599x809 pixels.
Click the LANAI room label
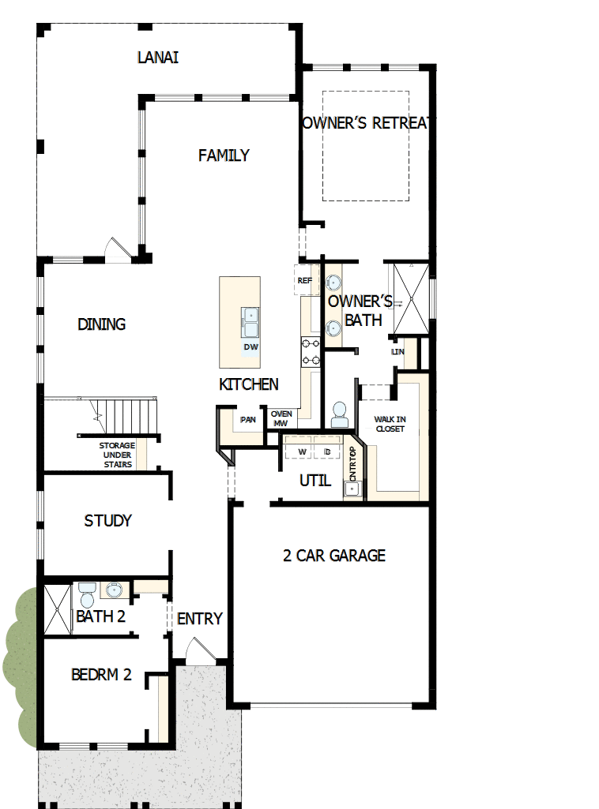pyautogui.click(x=158, y=58)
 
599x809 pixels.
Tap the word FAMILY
pyautogui.click(x=224, y=155)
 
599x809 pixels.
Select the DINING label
pyautogui.click(x=101, y=324)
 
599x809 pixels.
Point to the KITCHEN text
pyautogui.click(x=248, y=384)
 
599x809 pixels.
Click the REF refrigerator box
pyautogui.click(x=305, y=280)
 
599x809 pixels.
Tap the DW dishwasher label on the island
pyautogui.click(x=251, y=347)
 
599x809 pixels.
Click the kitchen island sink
pyautogui.click(x=251, y=323)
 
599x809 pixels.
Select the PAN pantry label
pyautogui.click(x=248, y=419)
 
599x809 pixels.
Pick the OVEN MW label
pyautogui.click(x=281, y=418)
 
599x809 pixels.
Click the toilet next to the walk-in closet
pyautogui.click(x=339, y=415)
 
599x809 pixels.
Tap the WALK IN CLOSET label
pyautogui.click(x=390, y=424)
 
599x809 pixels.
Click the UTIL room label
pyautogui.click(x=315, y=481)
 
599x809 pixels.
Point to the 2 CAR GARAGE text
pyautogui.click(x=334, y=556)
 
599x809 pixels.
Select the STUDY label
pyautogui.click(x=107, y=521)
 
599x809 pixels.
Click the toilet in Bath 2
pyautogui.click(x=87, y=595)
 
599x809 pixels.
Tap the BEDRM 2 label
pyautogui.click(x=101, y=674)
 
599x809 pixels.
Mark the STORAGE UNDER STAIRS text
pyautogui.click(x=117, y=455)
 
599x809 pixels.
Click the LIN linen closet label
pyautogui.click(x=397, y=352)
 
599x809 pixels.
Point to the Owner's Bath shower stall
pyautogui.click(x=411, y=299)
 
